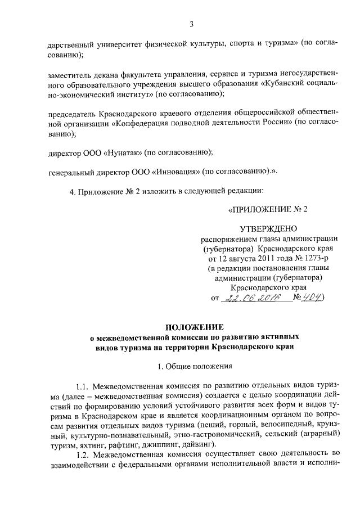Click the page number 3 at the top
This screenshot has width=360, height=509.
(x=191, y=24)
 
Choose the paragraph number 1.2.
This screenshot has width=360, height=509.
(x=83, y=454)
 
